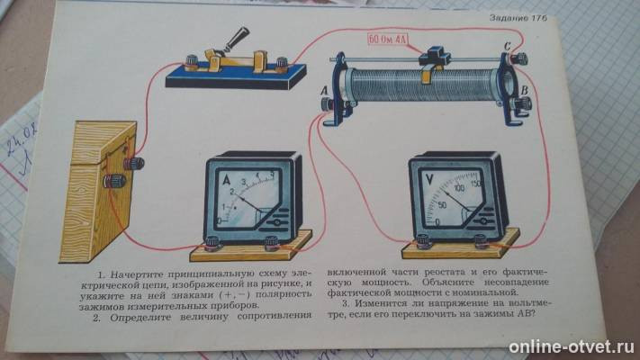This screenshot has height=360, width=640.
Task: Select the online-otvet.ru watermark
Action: pos(571,346)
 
